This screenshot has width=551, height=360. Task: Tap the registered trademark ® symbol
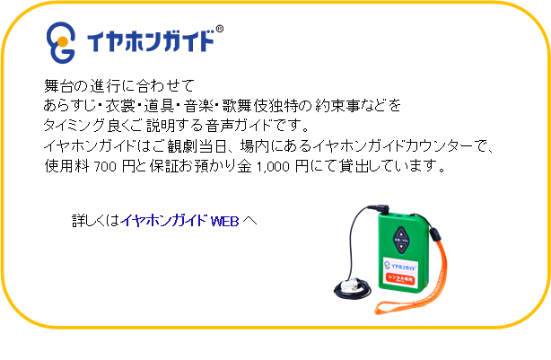click(x=219, y=29)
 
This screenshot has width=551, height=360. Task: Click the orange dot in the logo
click(x=63, y=42)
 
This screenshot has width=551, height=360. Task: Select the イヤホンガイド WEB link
click(x=179, y=221)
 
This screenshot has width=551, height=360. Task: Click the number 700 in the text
click(x=105, y=167)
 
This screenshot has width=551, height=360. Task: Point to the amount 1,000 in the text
click(x=273, y=167)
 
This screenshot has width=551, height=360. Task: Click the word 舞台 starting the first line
click(x=58, y=85)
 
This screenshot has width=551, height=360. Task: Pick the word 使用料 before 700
click(x=66, y=166)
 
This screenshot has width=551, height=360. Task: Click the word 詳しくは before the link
click(x=96, y=221)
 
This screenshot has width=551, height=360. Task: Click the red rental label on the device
click(x=400, y=278)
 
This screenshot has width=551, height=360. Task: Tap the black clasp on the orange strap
click(x=435, y=234)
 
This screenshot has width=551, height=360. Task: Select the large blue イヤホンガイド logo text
click(x=151, y=41)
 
